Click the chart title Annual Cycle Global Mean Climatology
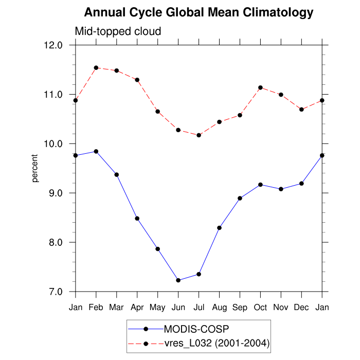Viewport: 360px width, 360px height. point(199,12)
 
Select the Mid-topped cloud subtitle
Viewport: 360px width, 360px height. point(118,31)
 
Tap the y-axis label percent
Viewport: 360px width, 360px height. point(35,168)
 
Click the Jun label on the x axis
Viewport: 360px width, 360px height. point(178,308)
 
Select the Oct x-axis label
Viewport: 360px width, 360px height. point(261,308)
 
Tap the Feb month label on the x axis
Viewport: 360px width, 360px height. point(96,308)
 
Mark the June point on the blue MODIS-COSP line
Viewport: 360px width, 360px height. point(178,280)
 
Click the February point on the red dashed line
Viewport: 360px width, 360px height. point(96,68)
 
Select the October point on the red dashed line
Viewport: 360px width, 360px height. point(261,87)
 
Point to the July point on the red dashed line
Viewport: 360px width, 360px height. point(199,135)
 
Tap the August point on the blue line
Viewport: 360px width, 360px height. point(220,228)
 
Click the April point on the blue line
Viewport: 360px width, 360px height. point(137,219)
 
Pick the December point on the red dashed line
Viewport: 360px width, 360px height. point(302,110)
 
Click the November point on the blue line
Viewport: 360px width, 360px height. point(281,189)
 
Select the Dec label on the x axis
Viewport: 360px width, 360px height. point(302,308)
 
